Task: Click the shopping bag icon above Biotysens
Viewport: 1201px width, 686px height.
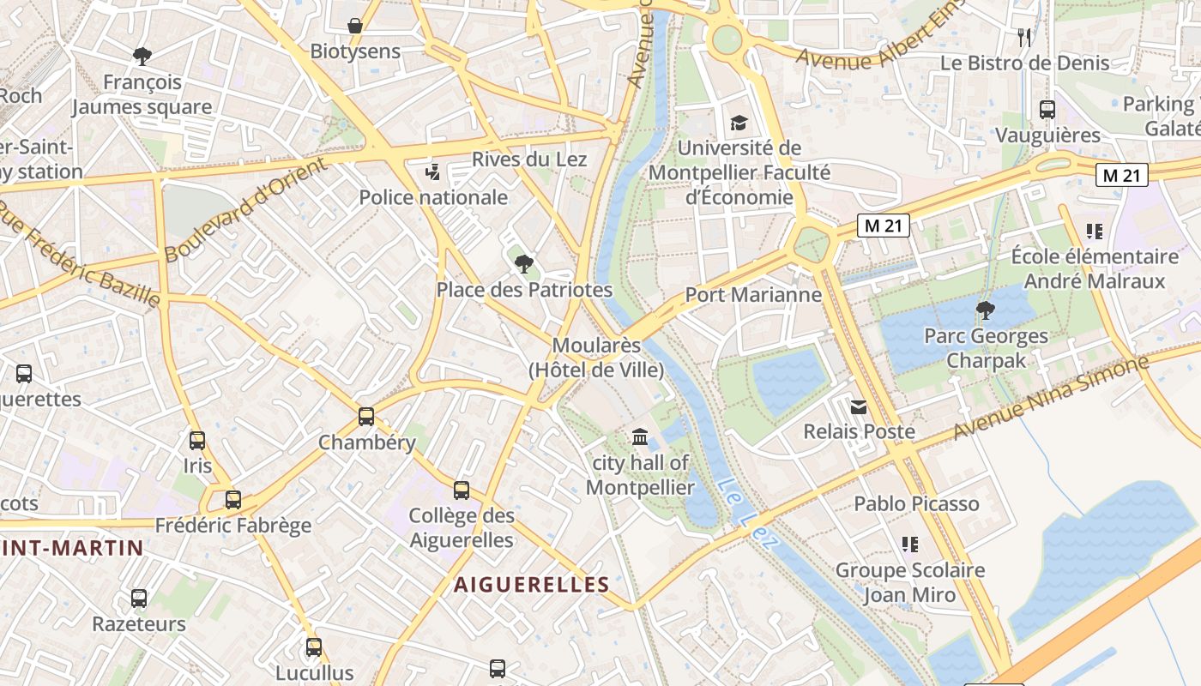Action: [x=354, y=26]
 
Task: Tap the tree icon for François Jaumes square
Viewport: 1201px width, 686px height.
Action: [x=142, y=57]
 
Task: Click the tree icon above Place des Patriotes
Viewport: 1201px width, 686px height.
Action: [x=524, y=263]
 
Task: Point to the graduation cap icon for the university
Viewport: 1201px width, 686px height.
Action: [x=739, y=123]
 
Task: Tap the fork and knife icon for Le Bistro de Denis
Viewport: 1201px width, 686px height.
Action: [x=1024, y=37]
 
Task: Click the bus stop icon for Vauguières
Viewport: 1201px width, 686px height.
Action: [x=1047, y=110]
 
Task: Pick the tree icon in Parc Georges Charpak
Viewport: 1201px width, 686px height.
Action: [x=986, y=310]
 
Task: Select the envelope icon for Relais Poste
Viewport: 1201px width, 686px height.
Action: [x=859, y=406]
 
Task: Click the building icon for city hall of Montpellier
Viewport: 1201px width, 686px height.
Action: [x=640, y=437]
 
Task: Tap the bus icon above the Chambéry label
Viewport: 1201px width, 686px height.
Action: [x=366, y=417]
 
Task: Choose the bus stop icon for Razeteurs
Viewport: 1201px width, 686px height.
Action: [x=139, y=598]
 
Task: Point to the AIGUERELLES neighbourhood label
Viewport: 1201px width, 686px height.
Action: [x=532, y=585]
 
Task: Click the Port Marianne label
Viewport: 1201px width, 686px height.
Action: [x=753, y=295]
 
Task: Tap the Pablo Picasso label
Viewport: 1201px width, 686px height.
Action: [x=916, y=503]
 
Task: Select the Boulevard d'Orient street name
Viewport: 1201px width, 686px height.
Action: [x=245, y=211]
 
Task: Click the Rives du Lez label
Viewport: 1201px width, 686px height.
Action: [x=529, y=159]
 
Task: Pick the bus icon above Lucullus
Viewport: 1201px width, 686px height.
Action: [x=314, y=647]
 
